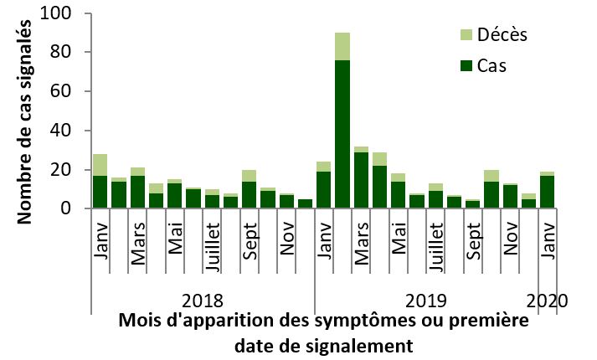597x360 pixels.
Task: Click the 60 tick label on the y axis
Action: (62, 92)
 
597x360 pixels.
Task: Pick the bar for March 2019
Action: (361, 178)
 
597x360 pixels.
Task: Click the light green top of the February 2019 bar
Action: (342, 46)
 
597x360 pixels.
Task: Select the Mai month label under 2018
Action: (175, 242)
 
